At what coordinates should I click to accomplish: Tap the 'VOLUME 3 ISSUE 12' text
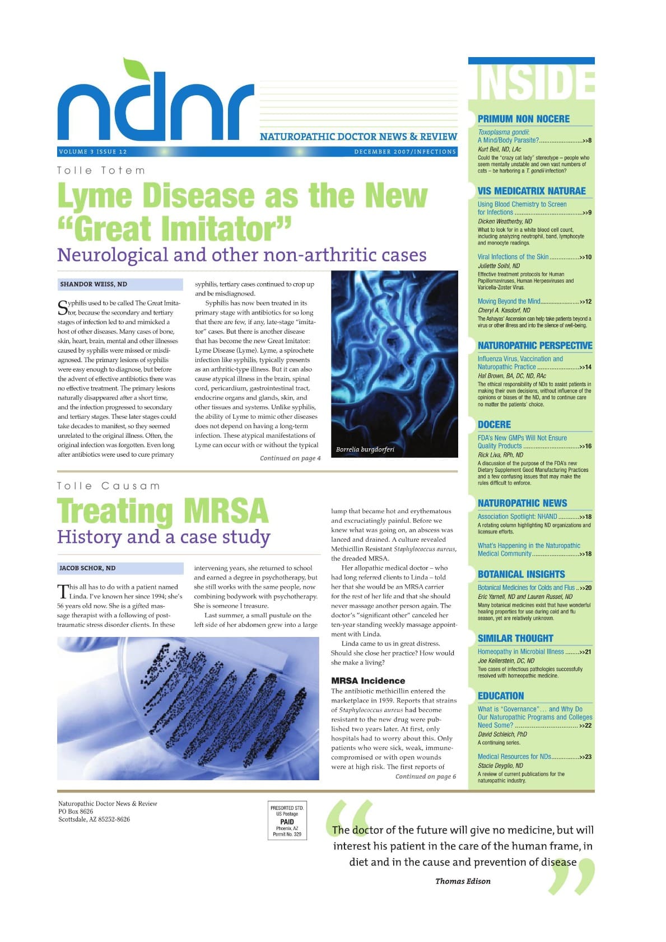pyautogui.click(x=92, y=152)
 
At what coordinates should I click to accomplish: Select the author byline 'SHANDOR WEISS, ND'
pyautogui.click(x=94, y=284)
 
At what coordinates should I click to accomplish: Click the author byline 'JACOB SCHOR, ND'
pyautogui.click(x=87, y=568)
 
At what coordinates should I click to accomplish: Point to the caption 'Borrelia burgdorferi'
pyautogui.click(x=365, y=449)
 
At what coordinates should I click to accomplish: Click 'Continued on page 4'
pyautogui.click(x=290, y=458)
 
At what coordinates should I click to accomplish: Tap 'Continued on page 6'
pyautogui.click(x=426, y=777)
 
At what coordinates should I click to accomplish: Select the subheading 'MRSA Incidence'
pyautogui.click(x=367, y=681)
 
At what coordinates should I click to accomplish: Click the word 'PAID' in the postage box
pyautogui.click(x=287, y=822)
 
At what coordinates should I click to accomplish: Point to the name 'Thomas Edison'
pyautogui.click(x=463, y=881)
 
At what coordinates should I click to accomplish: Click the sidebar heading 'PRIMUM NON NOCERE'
pyautogui.click(x=523, y=119)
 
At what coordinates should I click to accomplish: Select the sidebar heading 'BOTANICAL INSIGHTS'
pyautogui.click(x=521, y=574)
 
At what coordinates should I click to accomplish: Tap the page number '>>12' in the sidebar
pyautogui.click(x=585, y=302)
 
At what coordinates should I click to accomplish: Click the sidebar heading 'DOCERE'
pyautogui.click(x=494, y=425)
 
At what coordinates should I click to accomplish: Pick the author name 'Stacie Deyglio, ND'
pyautogui.click(x=500, y=766)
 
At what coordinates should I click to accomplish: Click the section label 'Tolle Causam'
pyautogui.click(x=109, y=486)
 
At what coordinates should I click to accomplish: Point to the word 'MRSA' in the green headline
pyautogui.click(x=226, y=510)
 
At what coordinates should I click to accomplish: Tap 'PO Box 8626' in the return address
pyautogui.click(x=76, y=812)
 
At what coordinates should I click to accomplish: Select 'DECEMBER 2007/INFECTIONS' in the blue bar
pyautogui.click(x=405, y=152)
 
